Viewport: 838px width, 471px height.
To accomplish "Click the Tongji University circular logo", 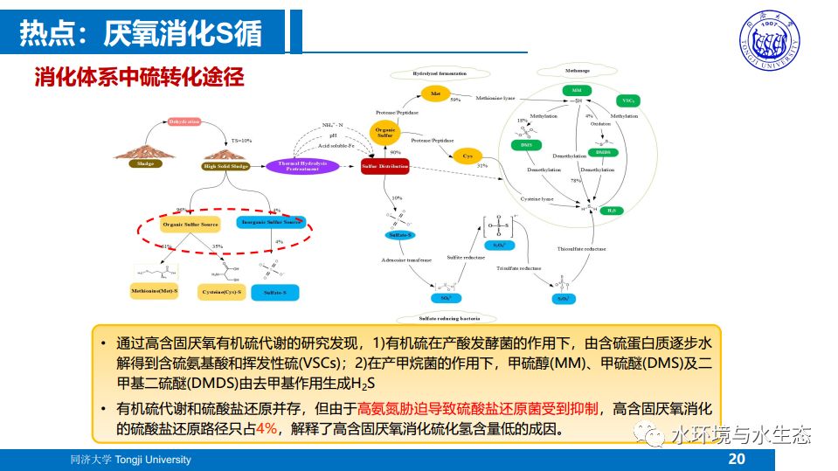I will click(775, 38).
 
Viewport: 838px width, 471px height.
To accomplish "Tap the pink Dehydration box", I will click(184, 121).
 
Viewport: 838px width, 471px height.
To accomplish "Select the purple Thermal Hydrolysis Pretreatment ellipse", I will click(301, 165).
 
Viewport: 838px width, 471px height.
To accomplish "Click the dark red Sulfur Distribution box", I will click(385, 165).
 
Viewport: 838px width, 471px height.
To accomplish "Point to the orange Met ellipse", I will click(435, 94).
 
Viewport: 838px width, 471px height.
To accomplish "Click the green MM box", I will click(577, 91).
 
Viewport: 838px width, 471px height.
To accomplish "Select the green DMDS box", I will click(603, 152).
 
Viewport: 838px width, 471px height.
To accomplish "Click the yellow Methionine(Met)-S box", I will click(154, 290).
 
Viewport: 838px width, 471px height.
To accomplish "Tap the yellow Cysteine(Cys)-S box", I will click(221, 290).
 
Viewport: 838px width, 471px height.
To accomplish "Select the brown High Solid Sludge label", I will click(225, 166).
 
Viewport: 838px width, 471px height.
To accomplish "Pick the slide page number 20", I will click(736, 459).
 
